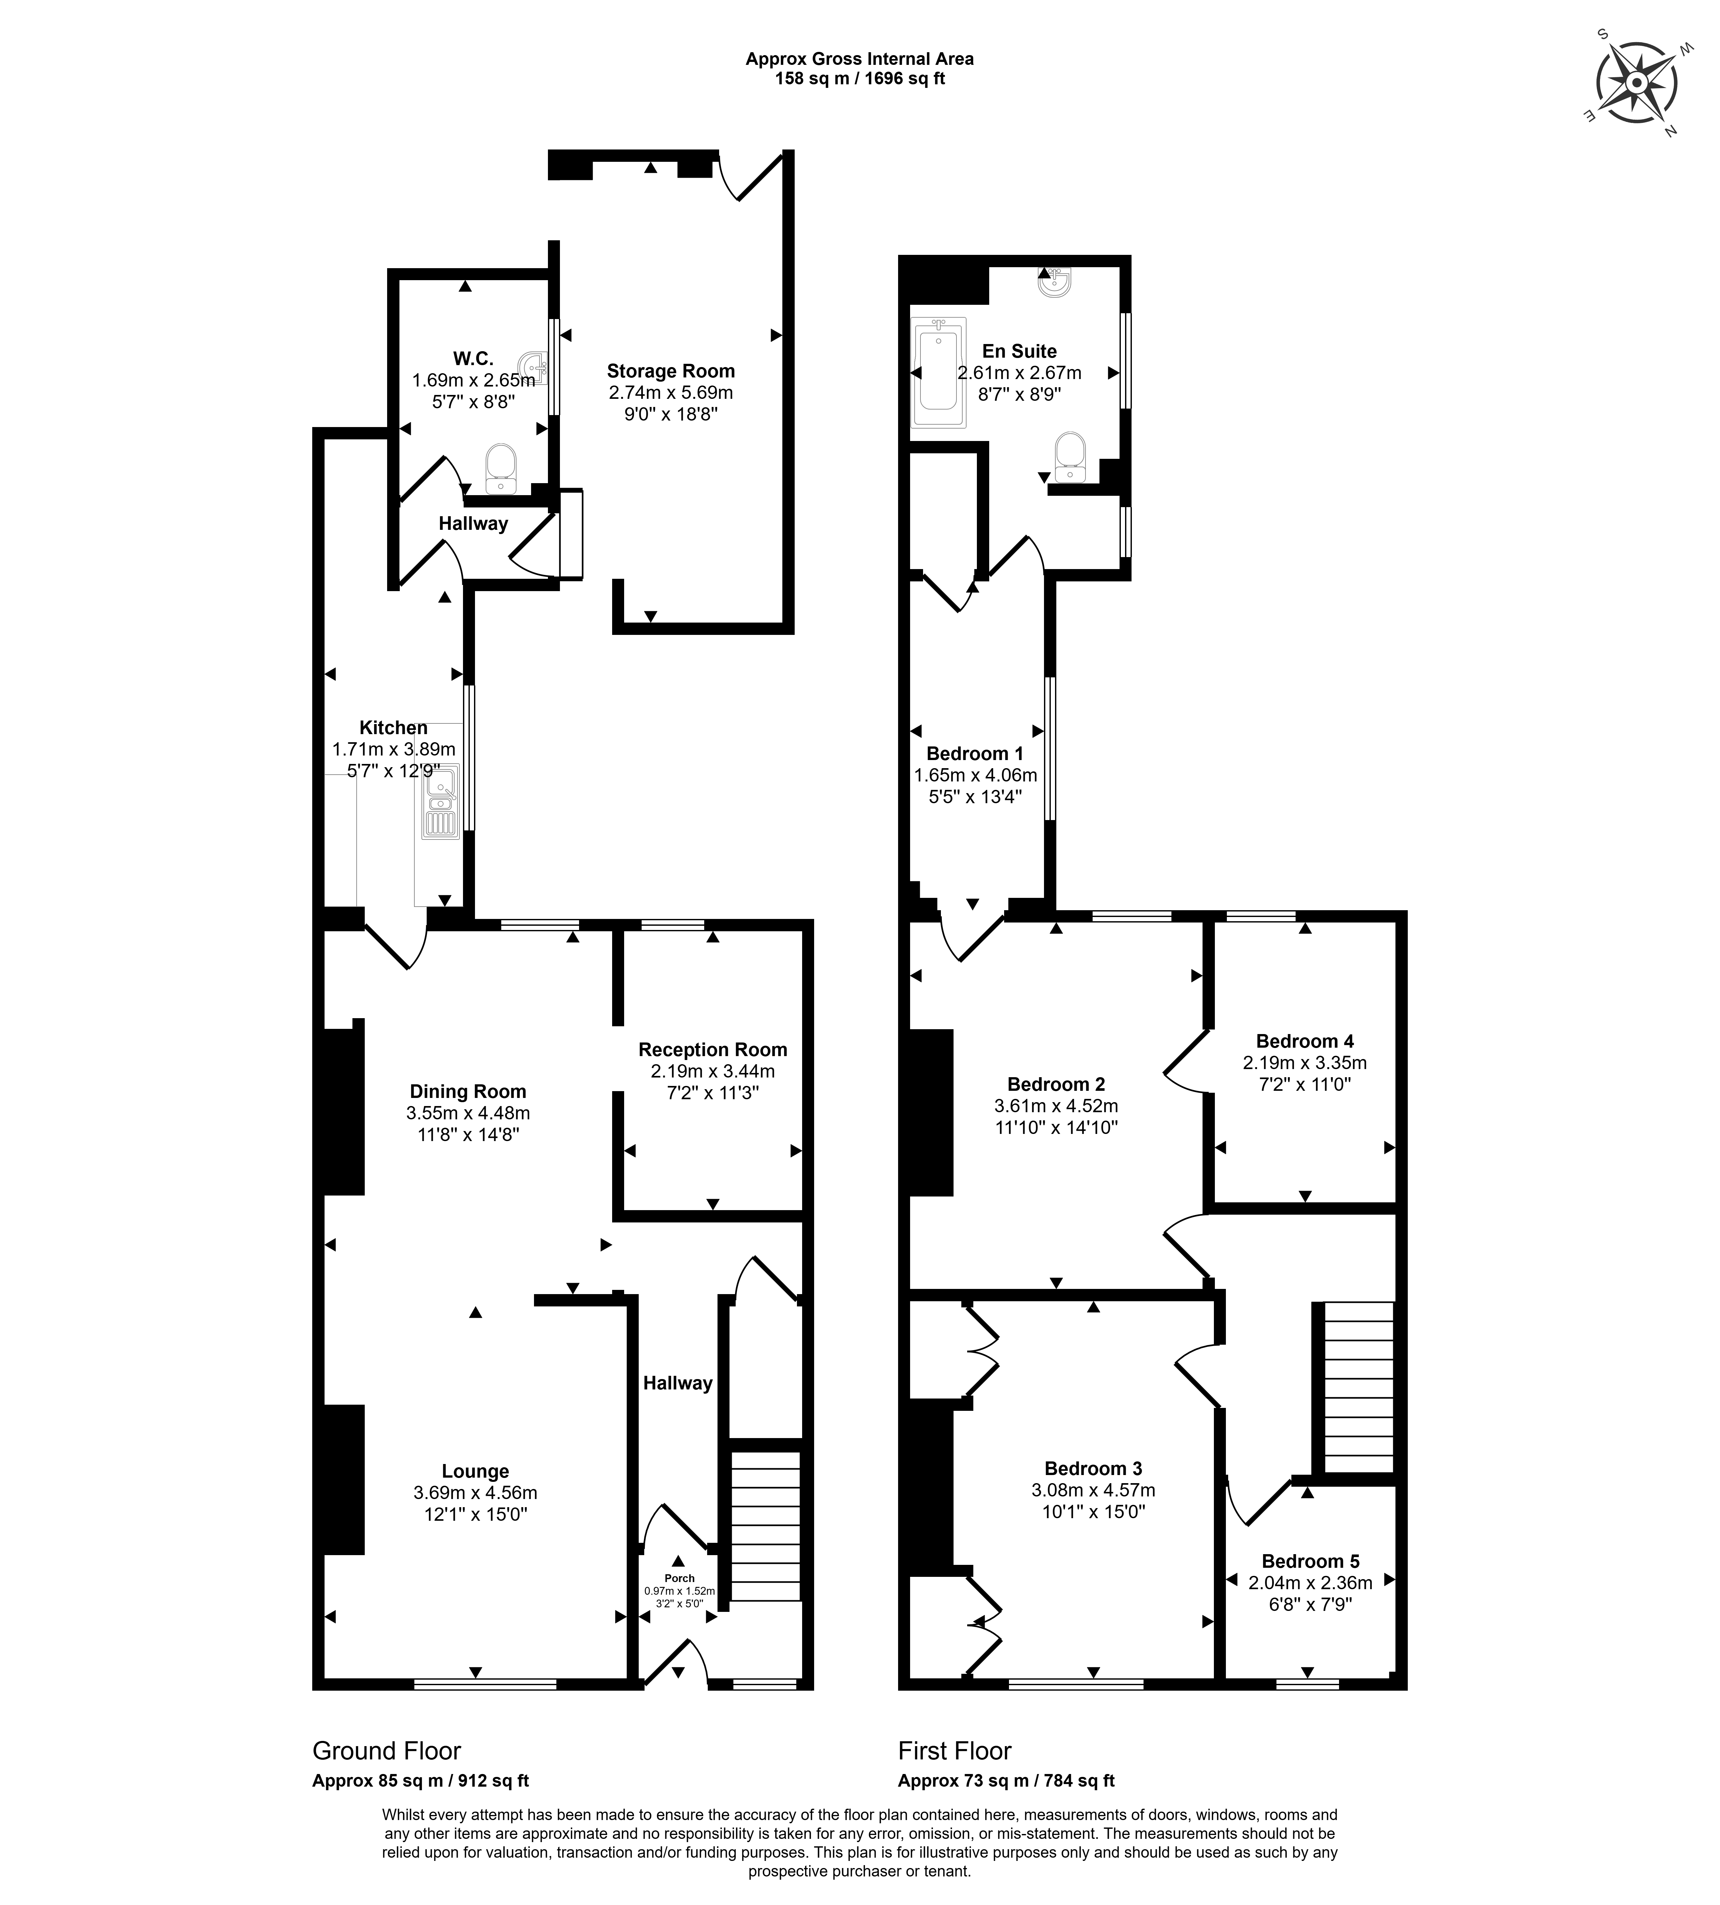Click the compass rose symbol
point(1637,83)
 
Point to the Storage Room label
point(671,371)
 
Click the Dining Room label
point(468,1091)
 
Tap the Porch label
point(680,1578)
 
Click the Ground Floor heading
point(386,1751)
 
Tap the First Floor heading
point(955,1751)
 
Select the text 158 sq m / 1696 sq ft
point(860,78)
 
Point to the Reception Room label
point(713,1049)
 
